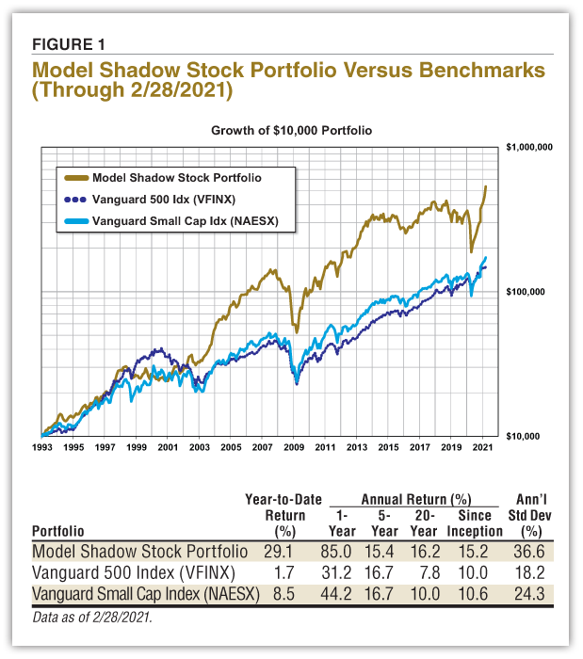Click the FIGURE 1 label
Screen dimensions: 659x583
pos(68,43)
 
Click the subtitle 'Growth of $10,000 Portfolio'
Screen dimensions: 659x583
pos(291,131)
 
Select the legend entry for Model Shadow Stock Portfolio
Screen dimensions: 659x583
pos(176,177)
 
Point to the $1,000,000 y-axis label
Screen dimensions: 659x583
pos(528,148)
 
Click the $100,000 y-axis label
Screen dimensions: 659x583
pos(528,292)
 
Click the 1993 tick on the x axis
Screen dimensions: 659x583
pos(43,449)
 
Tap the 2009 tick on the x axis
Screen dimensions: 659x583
pos(295,449)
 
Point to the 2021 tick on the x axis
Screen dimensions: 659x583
pos(483,449)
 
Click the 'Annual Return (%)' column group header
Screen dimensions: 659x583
pos(403,500)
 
